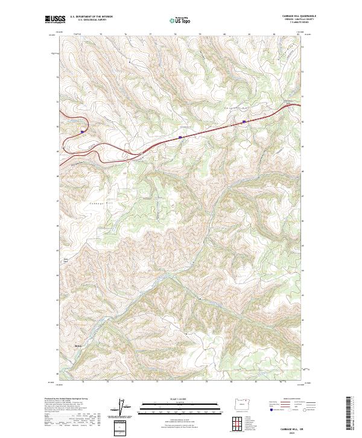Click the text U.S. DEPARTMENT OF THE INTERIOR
(x=91, y=16)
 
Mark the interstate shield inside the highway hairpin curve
(x=82, y=129)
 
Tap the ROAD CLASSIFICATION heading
(x=291, y=399)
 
